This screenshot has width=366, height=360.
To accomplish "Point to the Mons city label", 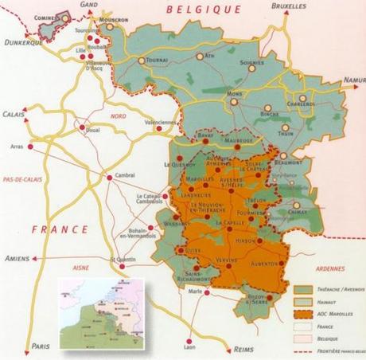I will pos(234,93).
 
